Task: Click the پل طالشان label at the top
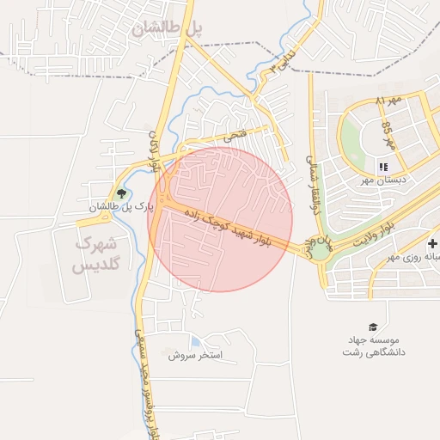(x=168, y=28)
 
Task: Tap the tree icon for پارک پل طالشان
(x=121, y=193)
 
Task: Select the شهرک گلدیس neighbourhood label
(x=95, y=254)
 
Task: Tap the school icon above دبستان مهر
(x=382, y=167)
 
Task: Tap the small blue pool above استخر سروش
(x=197, y=342)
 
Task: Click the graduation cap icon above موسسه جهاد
(x=373, y=327)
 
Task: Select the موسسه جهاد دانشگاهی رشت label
(x=374, y=345)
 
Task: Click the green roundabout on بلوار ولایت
(x=321, y=251)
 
